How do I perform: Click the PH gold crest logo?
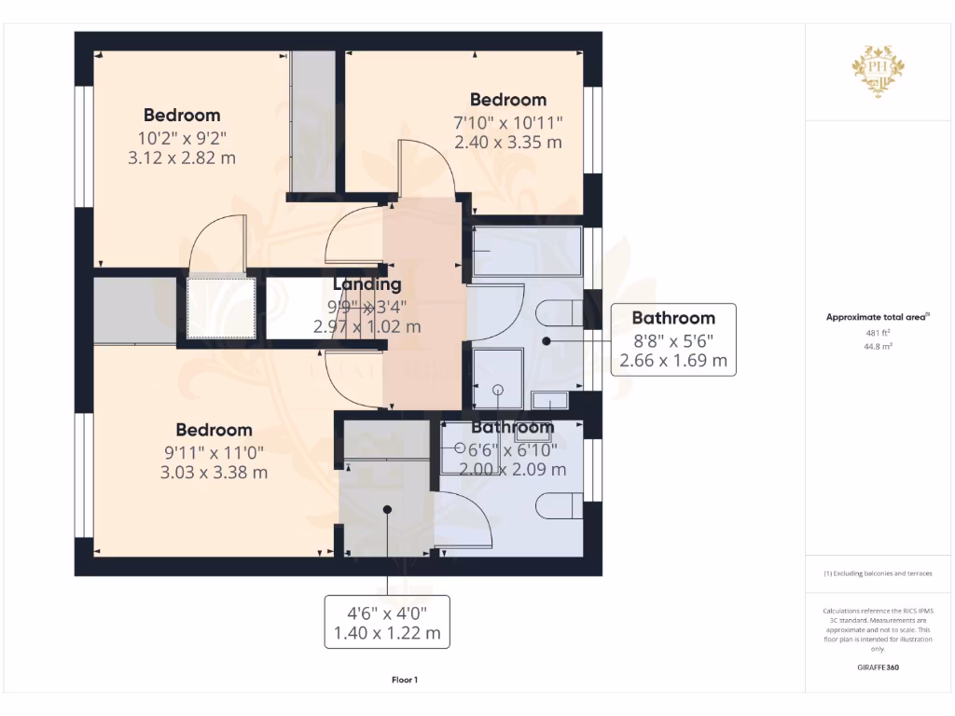(x=878, y=71)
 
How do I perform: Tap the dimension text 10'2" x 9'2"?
(x=182, y=138)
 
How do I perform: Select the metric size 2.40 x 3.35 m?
(x=508, y=143)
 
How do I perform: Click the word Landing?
(x=367, y=284)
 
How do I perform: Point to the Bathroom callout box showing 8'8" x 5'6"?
(x=672, y=339)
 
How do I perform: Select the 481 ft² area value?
(x=878, y=331)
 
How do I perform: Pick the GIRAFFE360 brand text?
(x=878, y=668)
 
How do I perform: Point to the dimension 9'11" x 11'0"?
(x=215, y=452)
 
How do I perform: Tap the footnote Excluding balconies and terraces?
(x=878, y=573)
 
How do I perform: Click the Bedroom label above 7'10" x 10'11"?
(x=507, y=100)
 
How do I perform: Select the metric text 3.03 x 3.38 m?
(x=215, y=473)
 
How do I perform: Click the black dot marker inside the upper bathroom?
(x=547, y=341)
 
